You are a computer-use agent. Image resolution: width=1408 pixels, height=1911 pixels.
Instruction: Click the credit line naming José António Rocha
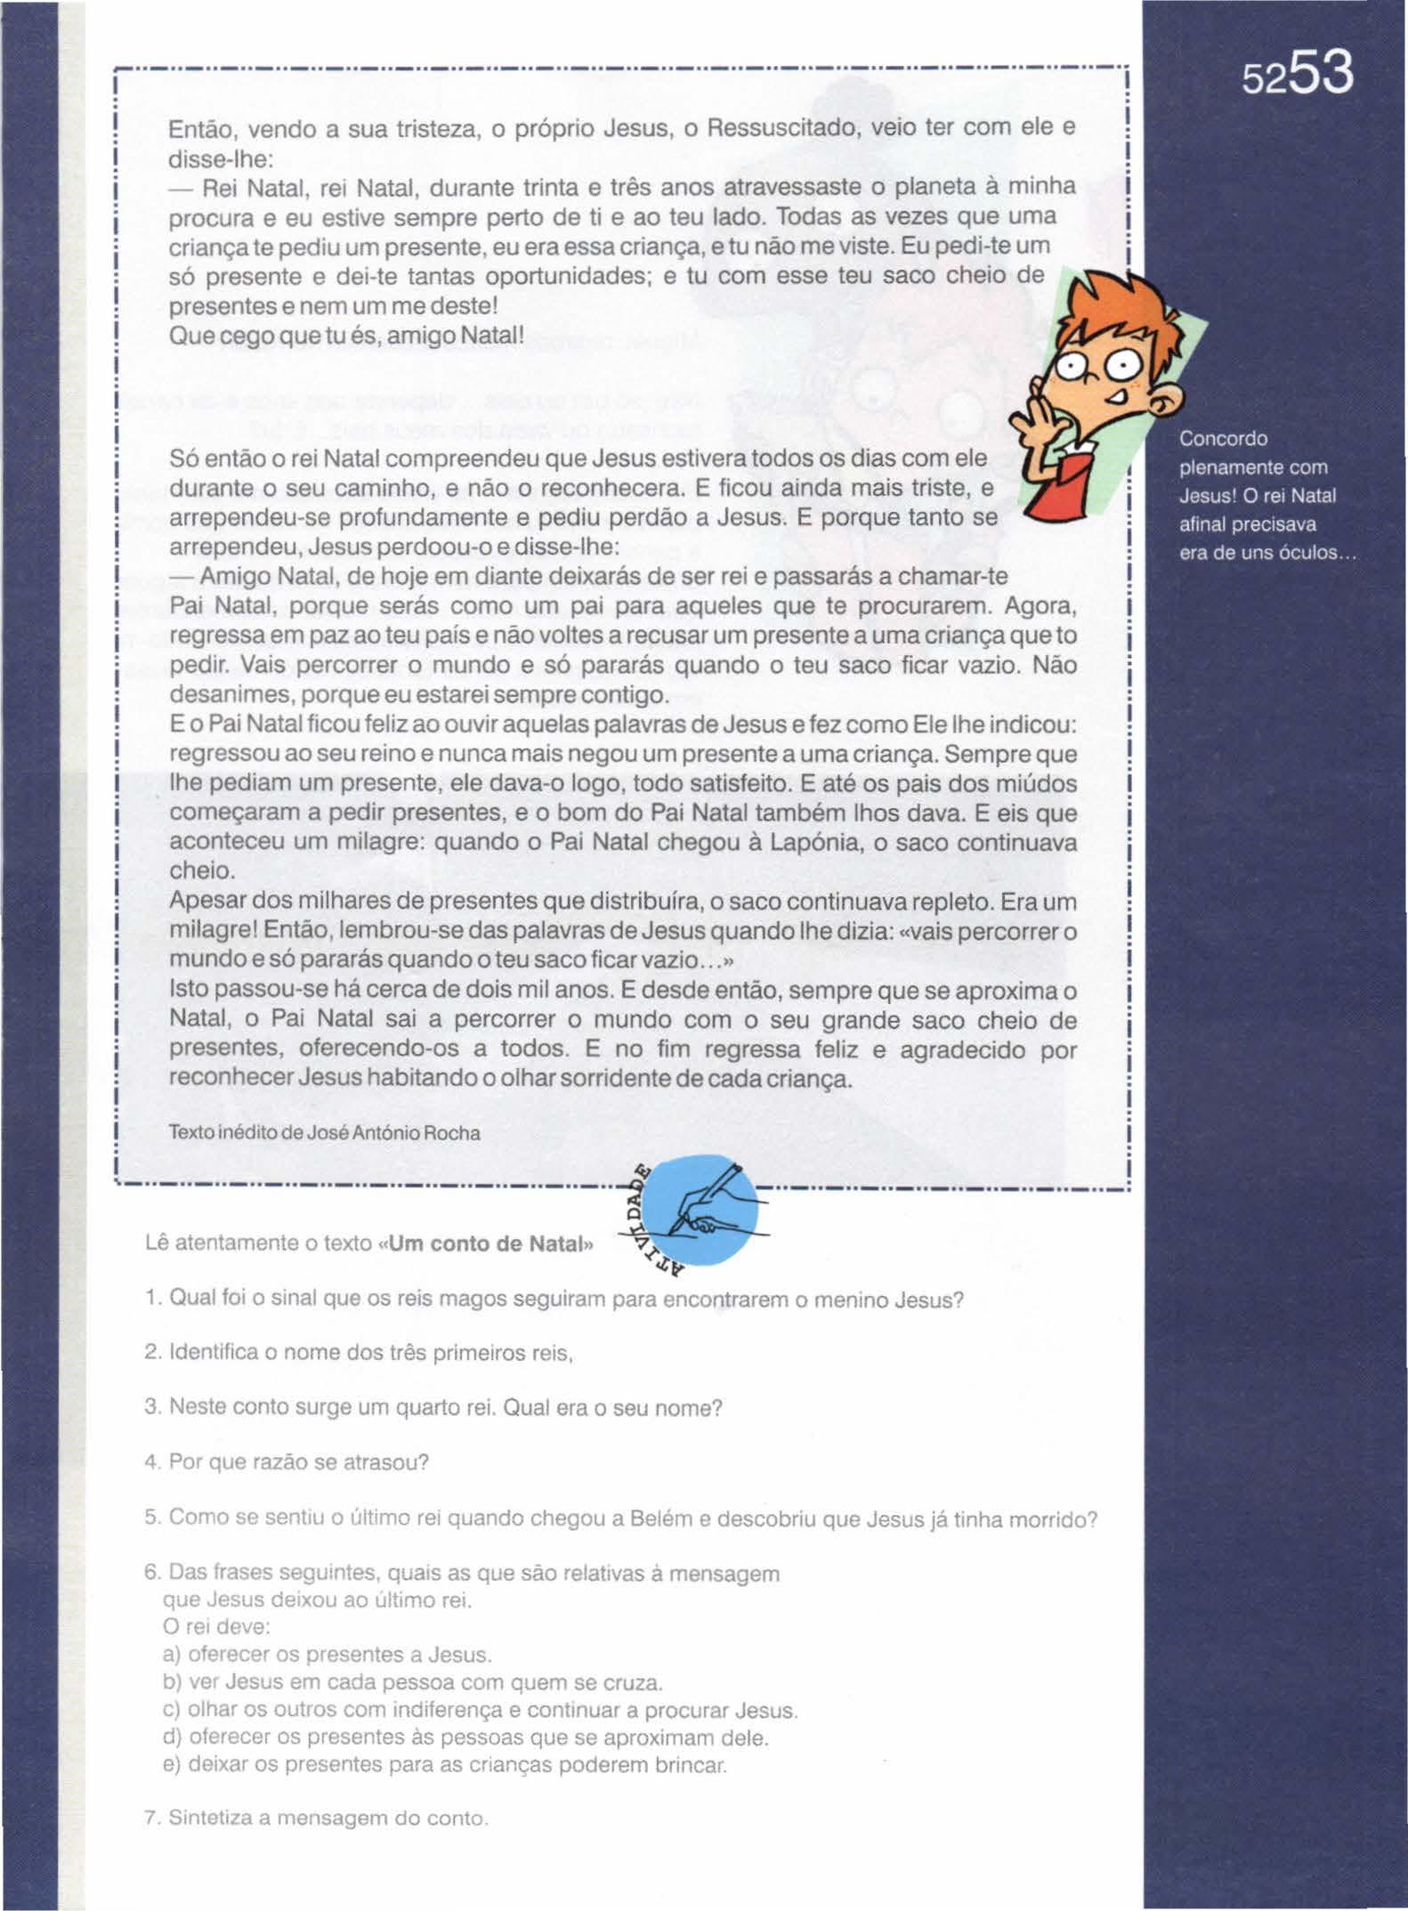pos(325,1134)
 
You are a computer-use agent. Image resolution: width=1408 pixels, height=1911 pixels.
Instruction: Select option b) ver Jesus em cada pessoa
pos(413,1682)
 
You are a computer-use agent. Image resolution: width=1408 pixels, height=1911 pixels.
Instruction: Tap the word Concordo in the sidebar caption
pos(1223,439)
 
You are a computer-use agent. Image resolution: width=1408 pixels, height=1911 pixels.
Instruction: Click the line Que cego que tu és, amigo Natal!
pos(347,336)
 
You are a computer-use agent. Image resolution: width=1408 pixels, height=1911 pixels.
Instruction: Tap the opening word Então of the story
pos(200,130)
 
